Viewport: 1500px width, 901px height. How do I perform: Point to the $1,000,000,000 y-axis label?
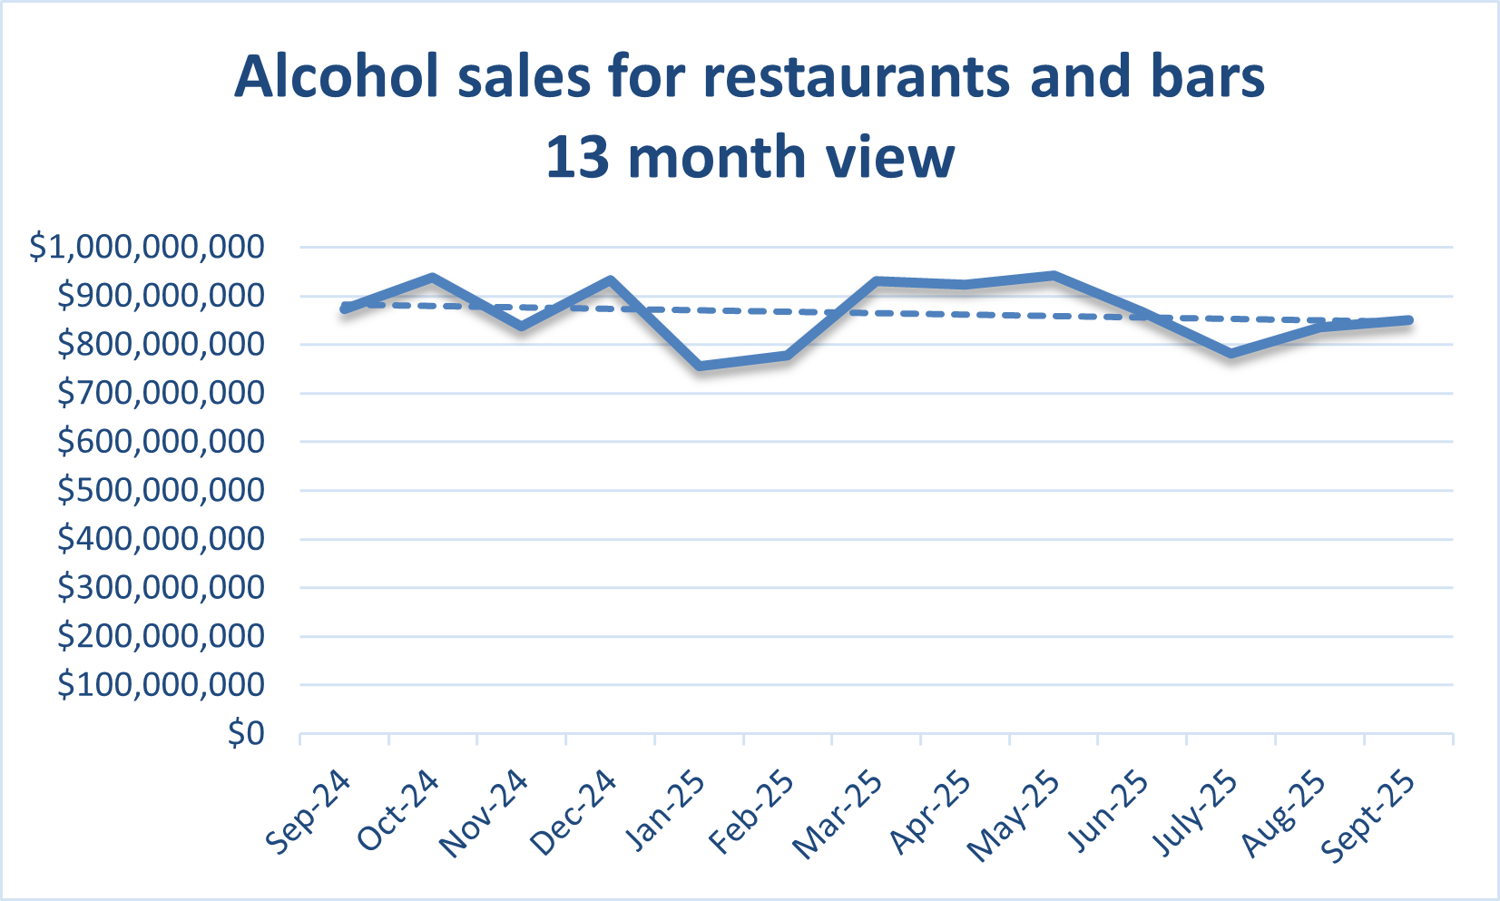(148, 247)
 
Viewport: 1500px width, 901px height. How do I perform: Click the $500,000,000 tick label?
(162, 490)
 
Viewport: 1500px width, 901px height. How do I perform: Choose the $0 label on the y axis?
(246, 733)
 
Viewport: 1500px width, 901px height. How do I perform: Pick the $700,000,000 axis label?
(162, 393)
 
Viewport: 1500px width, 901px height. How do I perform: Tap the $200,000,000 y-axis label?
(162, 636)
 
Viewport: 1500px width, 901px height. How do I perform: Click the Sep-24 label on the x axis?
(309, 812)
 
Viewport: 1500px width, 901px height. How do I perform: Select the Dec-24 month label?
(574, 812)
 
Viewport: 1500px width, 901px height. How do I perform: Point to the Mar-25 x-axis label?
(838, 812)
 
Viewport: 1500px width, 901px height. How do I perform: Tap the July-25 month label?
(1194, 812)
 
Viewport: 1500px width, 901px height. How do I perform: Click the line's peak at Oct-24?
(433, 277)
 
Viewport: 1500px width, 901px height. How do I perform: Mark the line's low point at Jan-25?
(700, 366)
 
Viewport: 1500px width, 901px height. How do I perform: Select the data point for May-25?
(1054, 275)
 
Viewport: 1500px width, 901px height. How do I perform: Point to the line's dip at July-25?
(1231, 353)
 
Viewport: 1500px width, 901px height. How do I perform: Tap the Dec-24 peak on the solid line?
(611, 280)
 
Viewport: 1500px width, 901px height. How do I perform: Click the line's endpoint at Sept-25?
(1408, 320)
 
